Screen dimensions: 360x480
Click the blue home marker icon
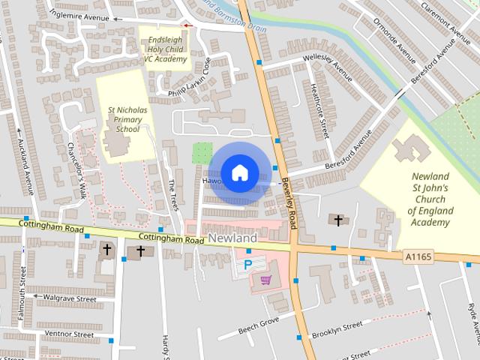pyautogui.click(x=239, y=172)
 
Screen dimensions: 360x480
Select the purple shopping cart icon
pyautogui.click(x=265, y=280)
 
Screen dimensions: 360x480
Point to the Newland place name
pyautogui.click(x=232, y=238)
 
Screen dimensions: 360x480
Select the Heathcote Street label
pyautogui.click(x=320, y=112)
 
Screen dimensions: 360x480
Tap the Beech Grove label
pyautogui.click(x=259, y=325)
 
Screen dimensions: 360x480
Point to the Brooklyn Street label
pyautogui.click(x=337, y=329)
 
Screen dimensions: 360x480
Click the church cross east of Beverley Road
pyautogui.click(x=338, y=220)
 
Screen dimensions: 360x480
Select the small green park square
pyautogui.click(x=202, y=154)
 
